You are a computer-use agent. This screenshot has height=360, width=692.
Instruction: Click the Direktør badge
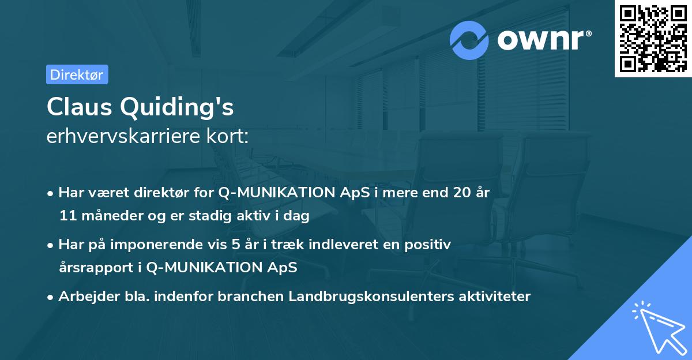pyautogui.click(x=77, y=74)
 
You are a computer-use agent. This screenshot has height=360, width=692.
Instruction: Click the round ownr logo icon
pyautogui.click(x=469, y=40)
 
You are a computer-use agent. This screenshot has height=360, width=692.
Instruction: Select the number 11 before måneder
pyautogui.click(x=66, y=216)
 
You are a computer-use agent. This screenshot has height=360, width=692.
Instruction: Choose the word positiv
pyautogui.click(x=430, y=245)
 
